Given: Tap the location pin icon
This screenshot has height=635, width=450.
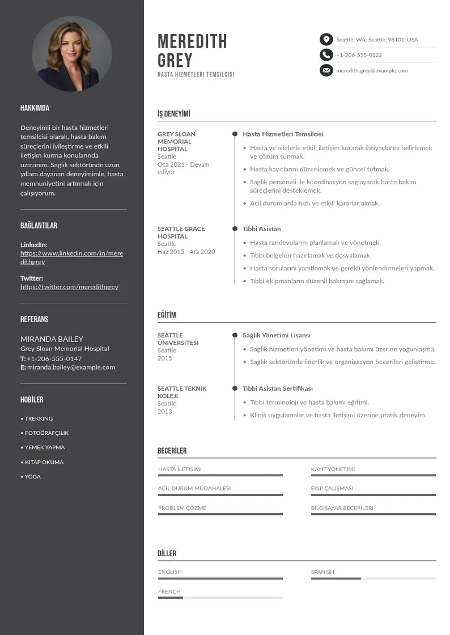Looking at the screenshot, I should tap(326, 39).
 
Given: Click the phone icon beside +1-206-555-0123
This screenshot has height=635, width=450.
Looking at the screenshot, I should tap(326, 55).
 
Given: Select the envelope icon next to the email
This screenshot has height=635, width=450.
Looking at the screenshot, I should tap(326, 70).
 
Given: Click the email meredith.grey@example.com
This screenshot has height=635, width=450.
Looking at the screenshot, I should tap(372, 70).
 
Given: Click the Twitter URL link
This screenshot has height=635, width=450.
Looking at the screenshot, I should tap(69, 287).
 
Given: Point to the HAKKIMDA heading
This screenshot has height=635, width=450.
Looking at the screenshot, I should tap(35, 108).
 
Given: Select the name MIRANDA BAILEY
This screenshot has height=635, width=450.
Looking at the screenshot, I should tap(52, 339).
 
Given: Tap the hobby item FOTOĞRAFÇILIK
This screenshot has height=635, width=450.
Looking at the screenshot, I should tap(46, 433).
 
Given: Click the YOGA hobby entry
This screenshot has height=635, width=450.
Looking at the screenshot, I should tap(32, 476).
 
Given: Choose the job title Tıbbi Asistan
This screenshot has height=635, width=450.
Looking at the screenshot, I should tap(261, 228).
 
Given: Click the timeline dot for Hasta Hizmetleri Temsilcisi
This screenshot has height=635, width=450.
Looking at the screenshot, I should tap(235, 134).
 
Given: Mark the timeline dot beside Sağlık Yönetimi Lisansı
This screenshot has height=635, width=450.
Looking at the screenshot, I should tap(235, 336).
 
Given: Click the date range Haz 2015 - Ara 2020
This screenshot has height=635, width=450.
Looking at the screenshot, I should tap(186, 252).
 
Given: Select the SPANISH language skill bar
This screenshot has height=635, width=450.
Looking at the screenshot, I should tap(373, 578).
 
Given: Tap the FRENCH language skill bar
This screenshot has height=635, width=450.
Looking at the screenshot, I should tap(220, 598).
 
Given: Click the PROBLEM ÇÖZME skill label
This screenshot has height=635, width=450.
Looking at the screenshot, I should tap(182, 508).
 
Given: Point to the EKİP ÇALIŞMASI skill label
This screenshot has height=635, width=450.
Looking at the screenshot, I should tap(332, 488).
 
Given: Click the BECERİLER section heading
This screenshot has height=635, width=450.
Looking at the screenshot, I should tap(172, 451).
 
